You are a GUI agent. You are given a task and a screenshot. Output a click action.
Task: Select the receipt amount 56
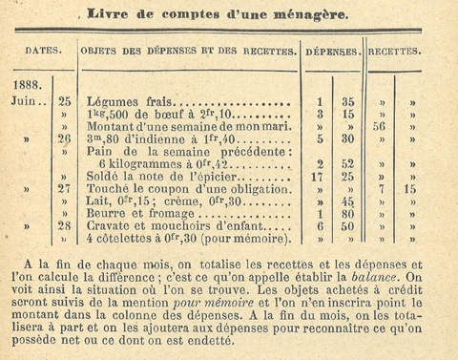(381, 125)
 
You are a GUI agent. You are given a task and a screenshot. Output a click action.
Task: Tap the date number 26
(65, 138)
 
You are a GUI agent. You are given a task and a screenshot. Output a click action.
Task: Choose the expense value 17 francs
(318, 176)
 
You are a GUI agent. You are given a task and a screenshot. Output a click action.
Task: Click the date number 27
(65, 188)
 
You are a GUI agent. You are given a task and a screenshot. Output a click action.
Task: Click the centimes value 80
(349, 214)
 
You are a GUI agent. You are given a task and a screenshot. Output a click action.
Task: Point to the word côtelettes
(132, 239)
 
